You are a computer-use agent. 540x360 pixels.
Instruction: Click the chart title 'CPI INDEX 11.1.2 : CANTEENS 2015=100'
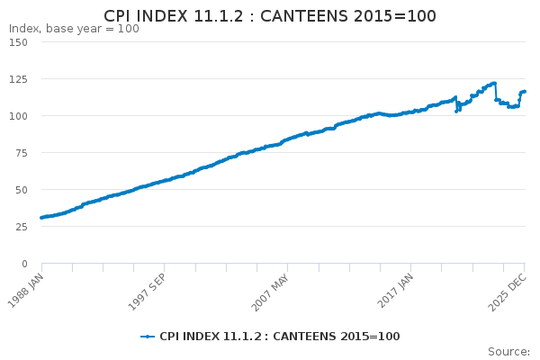pos(270,16)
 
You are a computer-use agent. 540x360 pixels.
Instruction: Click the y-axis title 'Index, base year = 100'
pos(74,29)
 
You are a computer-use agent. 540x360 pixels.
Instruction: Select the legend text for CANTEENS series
pos(280,337)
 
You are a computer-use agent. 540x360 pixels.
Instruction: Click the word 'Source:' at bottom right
pos(512,352)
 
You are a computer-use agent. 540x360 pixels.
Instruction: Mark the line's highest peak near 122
pos(494,84)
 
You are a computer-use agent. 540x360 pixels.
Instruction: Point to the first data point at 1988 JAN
pos(41,218)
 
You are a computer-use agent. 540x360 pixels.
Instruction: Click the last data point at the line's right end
pos(525,92)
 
